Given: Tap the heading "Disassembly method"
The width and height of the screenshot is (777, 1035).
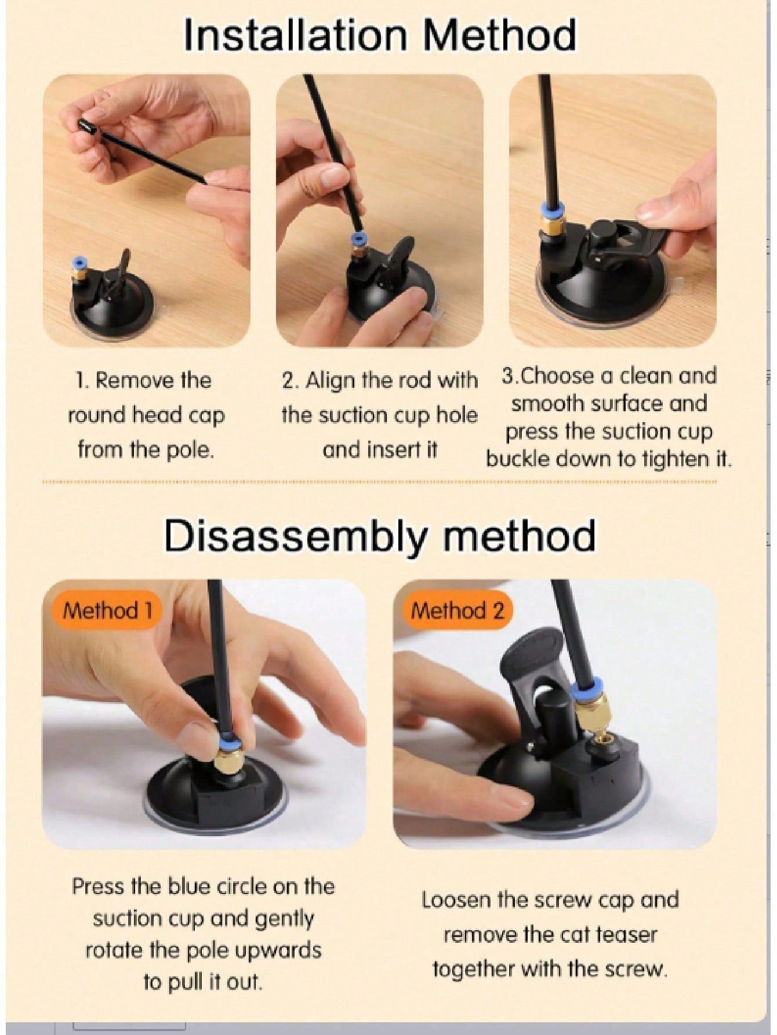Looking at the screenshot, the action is point(380,536).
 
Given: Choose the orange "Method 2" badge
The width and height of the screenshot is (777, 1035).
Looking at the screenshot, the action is point(458,610).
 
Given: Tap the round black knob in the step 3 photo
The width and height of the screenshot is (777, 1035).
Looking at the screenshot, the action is point(600,231).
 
